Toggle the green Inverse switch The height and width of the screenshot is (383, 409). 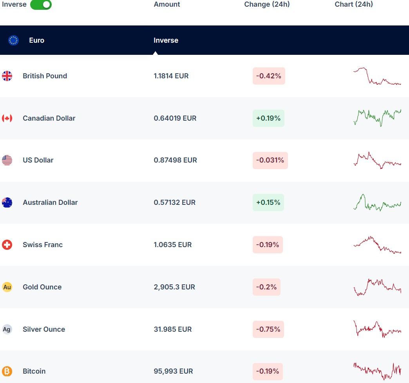[x=41, y=5]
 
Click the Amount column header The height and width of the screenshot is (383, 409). [x=167, y=4]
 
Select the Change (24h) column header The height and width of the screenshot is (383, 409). [x=267, y=4]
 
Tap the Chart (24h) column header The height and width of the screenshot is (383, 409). [x=354, y=4]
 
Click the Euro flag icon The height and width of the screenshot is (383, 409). [x=14, y=40]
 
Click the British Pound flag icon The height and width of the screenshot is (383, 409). [x=7, y=76]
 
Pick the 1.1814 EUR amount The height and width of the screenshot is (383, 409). [x=171, y=76]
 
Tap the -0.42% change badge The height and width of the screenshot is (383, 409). [x=269, y=76]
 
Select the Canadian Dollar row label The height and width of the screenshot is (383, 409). [x=49, y=118]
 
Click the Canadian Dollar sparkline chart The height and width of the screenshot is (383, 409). [x=377, y=117]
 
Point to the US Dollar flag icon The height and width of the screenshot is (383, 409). [x=7, y=160]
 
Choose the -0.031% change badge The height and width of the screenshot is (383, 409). [x=270, y=160]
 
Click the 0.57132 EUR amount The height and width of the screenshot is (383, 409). [x=174, y=202]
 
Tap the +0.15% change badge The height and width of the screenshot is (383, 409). [x=268, y=202]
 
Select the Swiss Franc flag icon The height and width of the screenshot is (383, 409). [x=7, y=245]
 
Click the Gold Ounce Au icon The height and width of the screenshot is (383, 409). [x=7, y=287]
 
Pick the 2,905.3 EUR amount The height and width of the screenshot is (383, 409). [x=174, y=287]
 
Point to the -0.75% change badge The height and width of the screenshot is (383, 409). [x=268, y=329]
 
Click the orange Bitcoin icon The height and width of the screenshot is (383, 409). [x=7, y=371]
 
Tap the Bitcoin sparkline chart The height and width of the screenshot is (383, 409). [x=377, y=370]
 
